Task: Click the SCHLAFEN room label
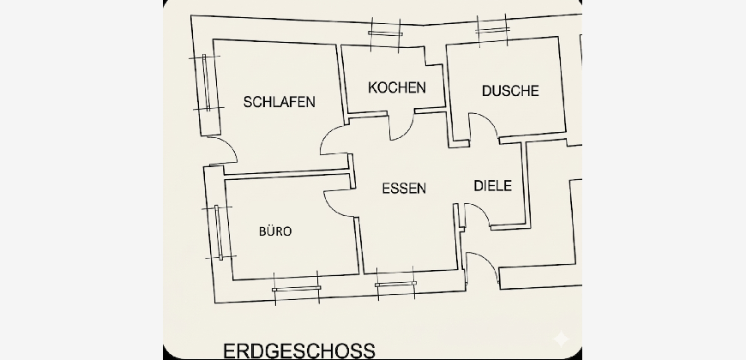[280, 102]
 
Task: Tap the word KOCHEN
[397, 87]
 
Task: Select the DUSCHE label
[510, 91]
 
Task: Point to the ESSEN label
[404, 189]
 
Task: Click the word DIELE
[493, 185]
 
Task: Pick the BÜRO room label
[275, 231]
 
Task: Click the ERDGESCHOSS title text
[298, 351]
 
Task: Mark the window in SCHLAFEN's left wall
[206, 83]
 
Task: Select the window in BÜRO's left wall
[219, 232]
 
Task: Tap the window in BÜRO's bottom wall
[296, 288]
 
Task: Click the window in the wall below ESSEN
[395, 284]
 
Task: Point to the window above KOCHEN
[385, 33]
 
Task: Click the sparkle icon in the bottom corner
[561, 339]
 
